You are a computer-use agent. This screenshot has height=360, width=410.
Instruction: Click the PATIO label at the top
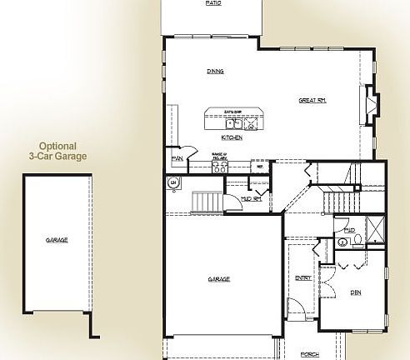[213, 3]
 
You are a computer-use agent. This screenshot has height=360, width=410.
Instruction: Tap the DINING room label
[215, 72]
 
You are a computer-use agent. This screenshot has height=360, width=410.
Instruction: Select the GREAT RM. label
[312, 101]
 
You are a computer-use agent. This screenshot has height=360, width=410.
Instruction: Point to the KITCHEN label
[232, 137]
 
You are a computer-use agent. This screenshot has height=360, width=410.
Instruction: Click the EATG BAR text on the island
[232, 111]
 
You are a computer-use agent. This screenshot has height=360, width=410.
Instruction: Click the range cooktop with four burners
[221, 165]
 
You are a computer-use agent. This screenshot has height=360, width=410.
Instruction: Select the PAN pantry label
[177, 157]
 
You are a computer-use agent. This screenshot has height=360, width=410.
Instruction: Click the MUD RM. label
[252, 199]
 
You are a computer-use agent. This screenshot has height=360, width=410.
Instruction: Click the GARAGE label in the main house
[219, 279]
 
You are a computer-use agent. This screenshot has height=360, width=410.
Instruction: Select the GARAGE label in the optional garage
[57, 240]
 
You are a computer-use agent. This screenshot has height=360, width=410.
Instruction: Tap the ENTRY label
[303, 277]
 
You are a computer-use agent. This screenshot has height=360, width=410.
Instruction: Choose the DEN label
[356, 292]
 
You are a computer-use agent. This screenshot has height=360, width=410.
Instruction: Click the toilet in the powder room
[358, 239]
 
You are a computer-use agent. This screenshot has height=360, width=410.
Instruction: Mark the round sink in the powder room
[342, 242]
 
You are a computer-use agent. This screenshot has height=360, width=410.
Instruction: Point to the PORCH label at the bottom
[309, 354]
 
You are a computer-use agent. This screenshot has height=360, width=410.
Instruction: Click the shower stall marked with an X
[376, 230]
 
